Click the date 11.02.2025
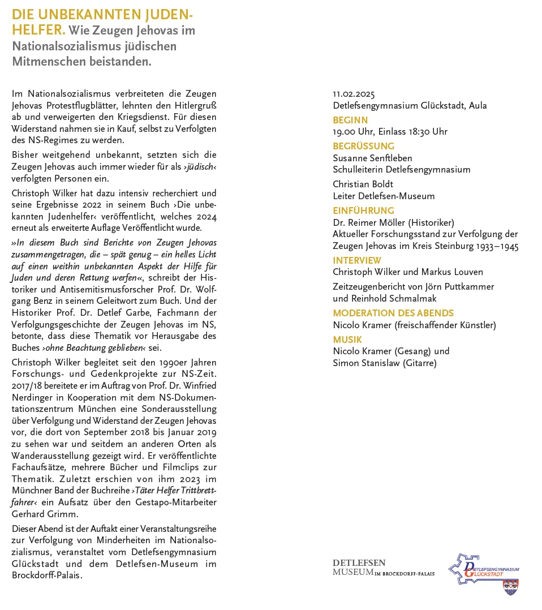click(x=354, y=94)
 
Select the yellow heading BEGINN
click(x=350, y=120)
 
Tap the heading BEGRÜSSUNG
click(x=363, y=146)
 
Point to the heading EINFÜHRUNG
click(x=363, y=211)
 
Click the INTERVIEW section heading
click(x=357, y=260)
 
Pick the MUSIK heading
click(x=347, y=340)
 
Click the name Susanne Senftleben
click(x=372, y=158)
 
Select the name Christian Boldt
click(x=363, y=184)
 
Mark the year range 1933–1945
click(x=497, y=246)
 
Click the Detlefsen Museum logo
click(x=383, y=567)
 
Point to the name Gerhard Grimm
click(x=45, y=514)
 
